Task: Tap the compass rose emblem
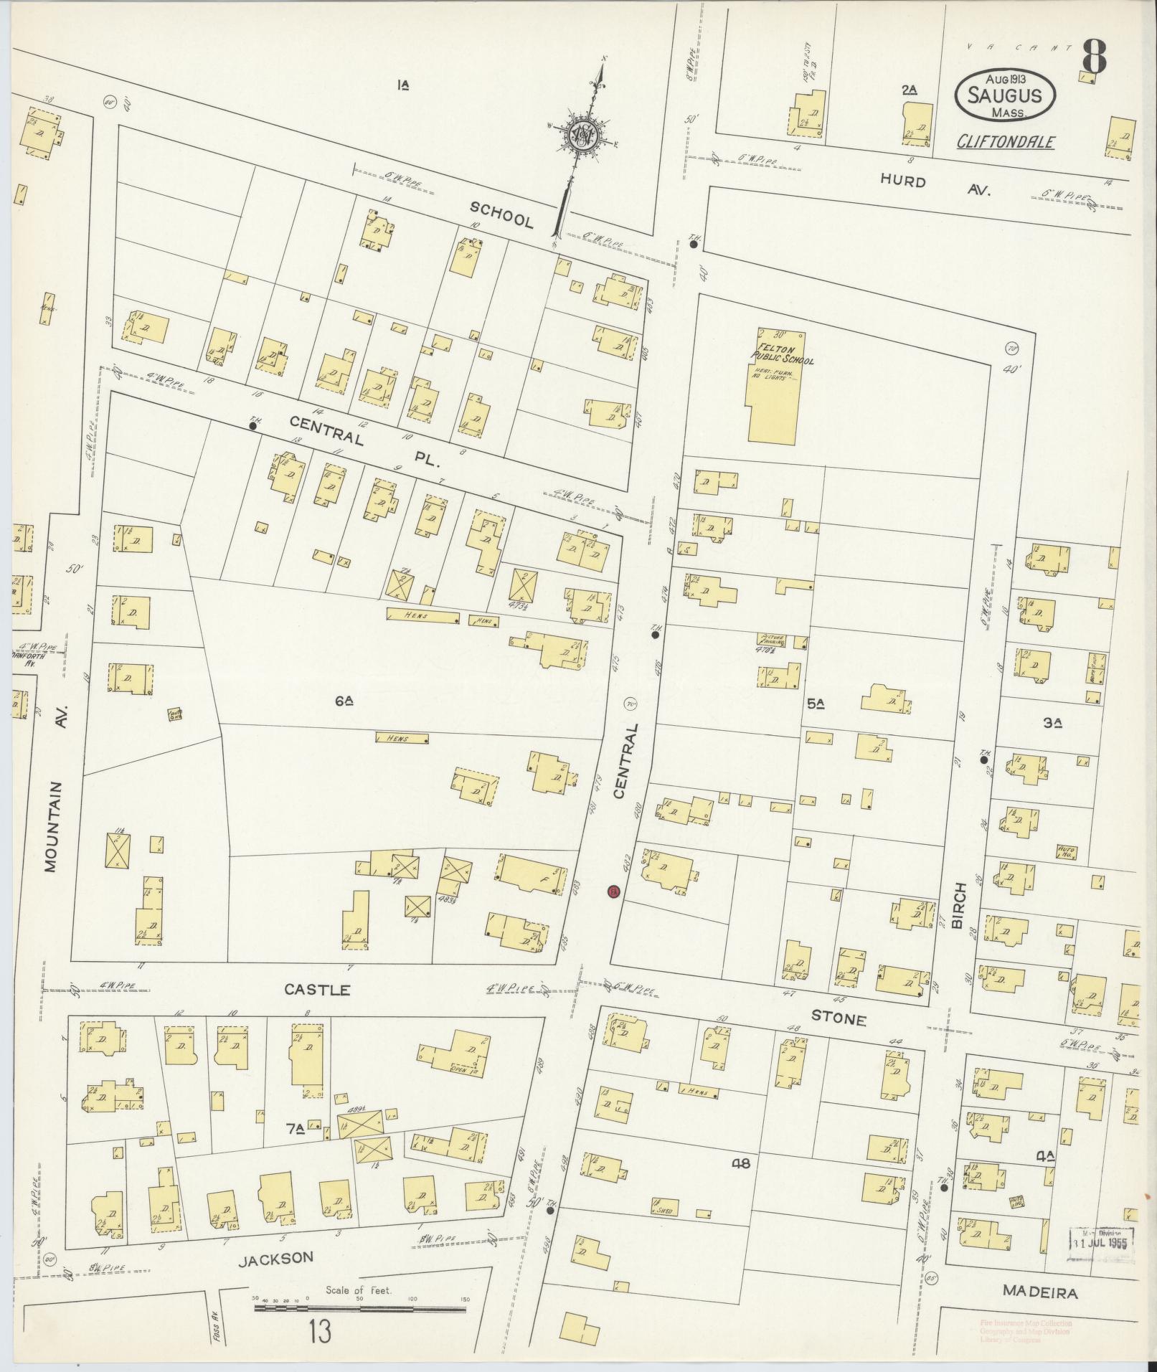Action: pos(582,136)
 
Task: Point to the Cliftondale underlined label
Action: pos(1006,141)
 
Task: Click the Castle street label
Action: pos(317,990)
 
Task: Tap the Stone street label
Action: pos(839,1018)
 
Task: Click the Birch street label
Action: pos(960,905)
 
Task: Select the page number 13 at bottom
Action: pos(320,1333)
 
